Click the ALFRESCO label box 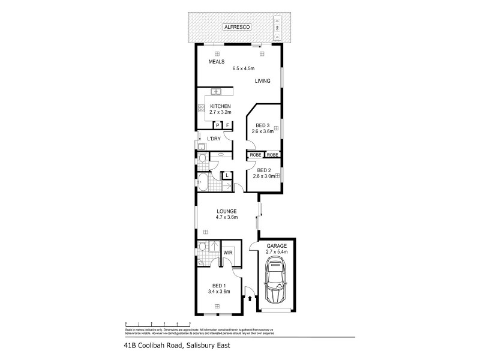(x=236, y=28)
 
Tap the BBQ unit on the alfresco (x=277, y=27)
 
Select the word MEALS (x=216, y=61)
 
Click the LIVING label (x=262, y=80)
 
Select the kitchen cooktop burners (x=201, y=109)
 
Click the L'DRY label (x=214, y=139)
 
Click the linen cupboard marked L (x=227, y=176)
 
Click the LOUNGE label (x=227, y=211)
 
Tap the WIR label (x=227, y=253)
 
